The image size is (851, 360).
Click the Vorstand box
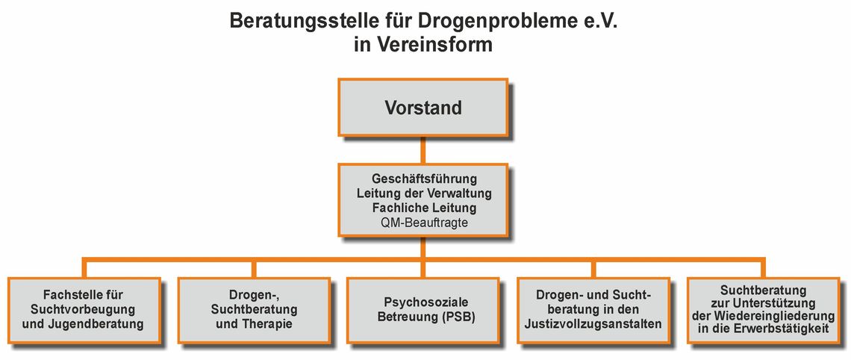click(x=423, y=107)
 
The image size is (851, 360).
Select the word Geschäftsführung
click(x=424, y=179)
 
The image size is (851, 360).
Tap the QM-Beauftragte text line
click(x=424, y=222)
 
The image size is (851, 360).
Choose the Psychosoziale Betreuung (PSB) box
click(x=423, y=311)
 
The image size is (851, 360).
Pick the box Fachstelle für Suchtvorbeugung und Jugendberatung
click(x=84, y=311)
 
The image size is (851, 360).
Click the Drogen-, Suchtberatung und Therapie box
click(x=254, y=311)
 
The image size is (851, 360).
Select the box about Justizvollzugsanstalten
click(x=593, y=311)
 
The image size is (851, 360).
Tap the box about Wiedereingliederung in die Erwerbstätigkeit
click(x=764, y=311)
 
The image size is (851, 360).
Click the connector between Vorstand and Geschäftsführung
click(x=423, y=150)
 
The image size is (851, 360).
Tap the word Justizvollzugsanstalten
click(x=593, y=324)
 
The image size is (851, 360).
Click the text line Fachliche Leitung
click(x=424, y=208)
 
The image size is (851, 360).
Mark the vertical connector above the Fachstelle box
click(x=84, y=269)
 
